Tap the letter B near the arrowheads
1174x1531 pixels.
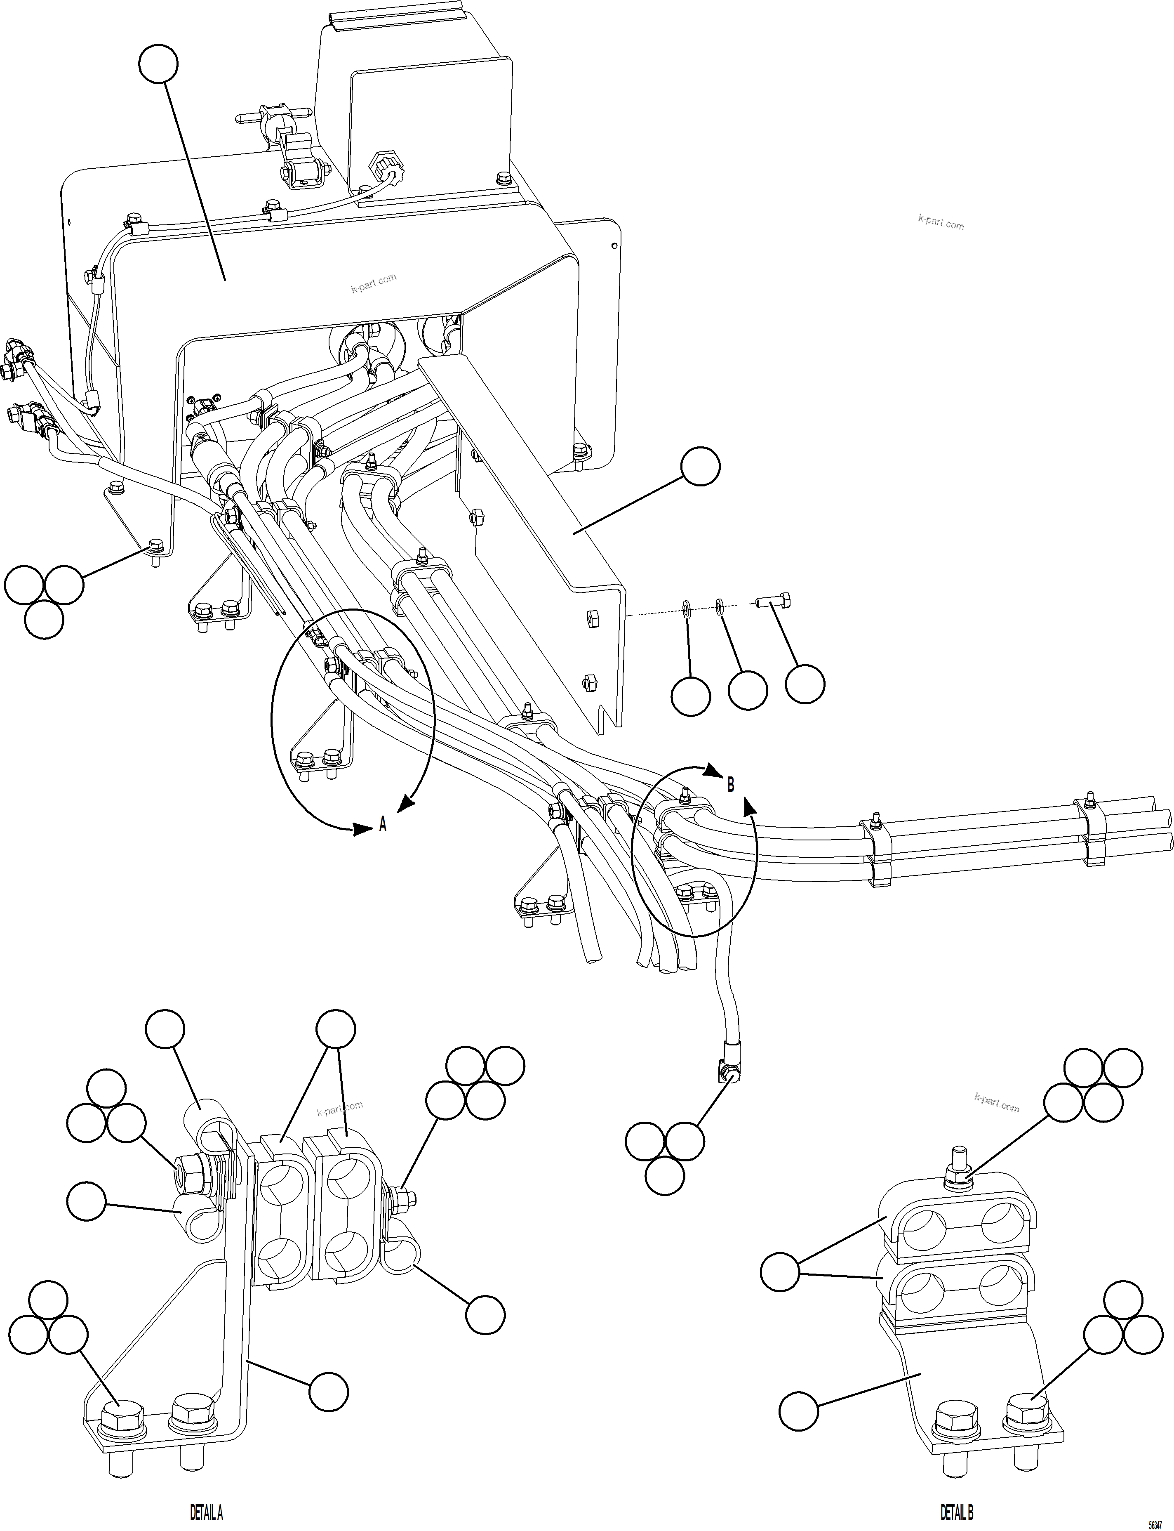coord(730,784)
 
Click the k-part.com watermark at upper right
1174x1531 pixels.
coord(941,223)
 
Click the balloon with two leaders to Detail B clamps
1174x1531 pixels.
coord(779,1272)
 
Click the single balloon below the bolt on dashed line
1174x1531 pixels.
coord(805,684)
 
